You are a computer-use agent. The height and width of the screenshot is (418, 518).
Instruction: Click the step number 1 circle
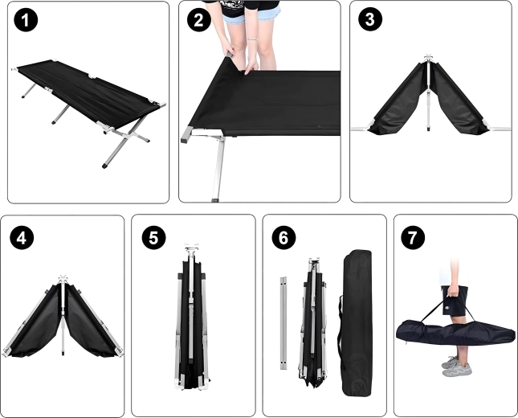pyautogui.click(x=26, y=20)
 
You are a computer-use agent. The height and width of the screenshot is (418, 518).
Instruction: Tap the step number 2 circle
pyautogui.click(x=199, y=20)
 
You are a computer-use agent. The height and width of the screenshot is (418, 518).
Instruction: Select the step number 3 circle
pyautogui.click(x=370, y=19)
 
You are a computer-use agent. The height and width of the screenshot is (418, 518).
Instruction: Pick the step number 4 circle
pyautogui.click(x=22, y=237)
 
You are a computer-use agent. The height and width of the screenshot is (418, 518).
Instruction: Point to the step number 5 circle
pyautogui.click(x=154, y=237)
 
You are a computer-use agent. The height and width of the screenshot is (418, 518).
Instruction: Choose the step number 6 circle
pyautogui.click(x=283, y=237)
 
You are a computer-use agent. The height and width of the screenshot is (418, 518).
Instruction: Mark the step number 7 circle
pyautogui.click(x=413, y=237)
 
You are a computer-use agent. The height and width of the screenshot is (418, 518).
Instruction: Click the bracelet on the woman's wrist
pyautogui.click(x=253, y=39)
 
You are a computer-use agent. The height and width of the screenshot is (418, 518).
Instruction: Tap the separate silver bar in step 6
pyautogui.click(x=283, y=323)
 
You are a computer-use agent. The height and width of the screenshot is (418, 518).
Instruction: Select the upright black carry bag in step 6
pyautogui.click(x=356, y=322)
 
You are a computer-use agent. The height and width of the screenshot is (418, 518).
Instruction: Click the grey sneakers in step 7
pyautogui.click(x=457, y=367)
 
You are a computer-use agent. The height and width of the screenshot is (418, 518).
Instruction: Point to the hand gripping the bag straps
pyautogui.click(x=453, y=290)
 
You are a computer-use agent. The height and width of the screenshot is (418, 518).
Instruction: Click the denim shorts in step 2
pyautogui.click(x=252, y=15)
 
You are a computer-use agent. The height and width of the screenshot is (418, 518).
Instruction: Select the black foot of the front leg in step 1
pyautogui.click(x=104, y=165)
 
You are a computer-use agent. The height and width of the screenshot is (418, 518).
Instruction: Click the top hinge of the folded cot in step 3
pyautogui.click(x=428, y=58)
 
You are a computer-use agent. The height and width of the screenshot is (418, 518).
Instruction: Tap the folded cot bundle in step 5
pyautogui.click(x=192, y=317)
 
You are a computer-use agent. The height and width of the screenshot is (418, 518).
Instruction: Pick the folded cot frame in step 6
pyautogui.click(x=313, y=322)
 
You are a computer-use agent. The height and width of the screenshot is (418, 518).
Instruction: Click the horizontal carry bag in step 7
pyautogui.click(x=455, y=332)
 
